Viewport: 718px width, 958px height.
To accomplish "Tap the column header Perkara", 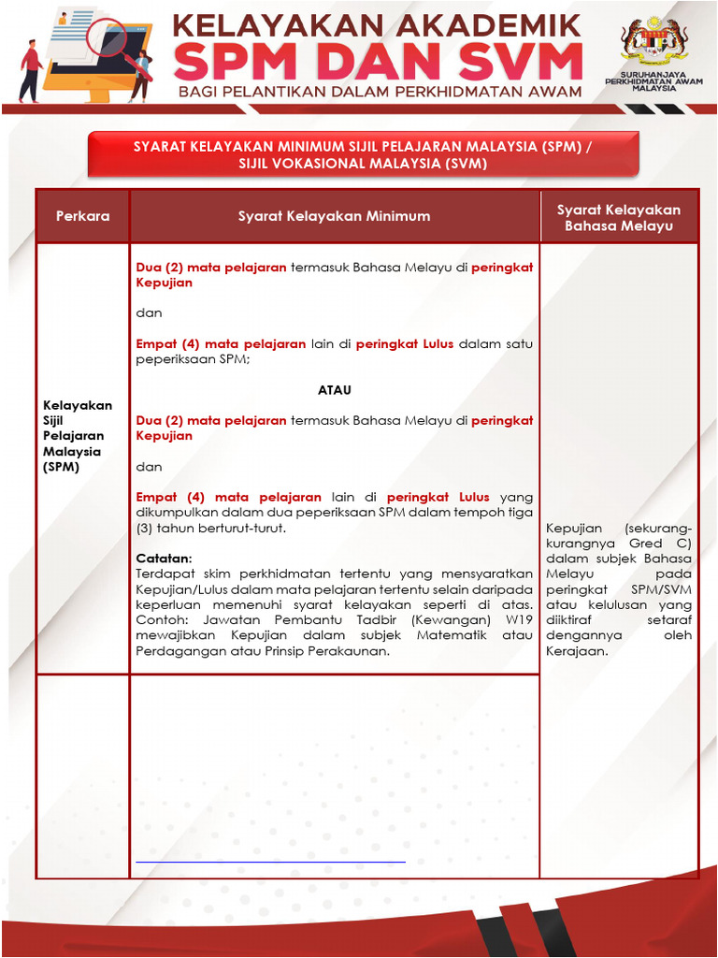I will click(x=82, y=216).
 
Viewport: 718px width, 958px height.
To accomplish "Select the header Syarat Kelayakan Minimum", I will click(x=334, y=216).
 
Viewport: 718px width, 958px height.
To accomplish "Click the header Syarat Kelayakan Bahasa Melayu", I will click(x=619, y=217).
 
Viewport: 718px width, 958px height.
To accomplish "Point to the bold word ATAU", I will click(x=334, y=389).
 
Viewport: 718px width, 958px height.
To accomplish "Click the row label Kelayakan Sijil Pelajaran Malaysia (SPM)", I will click(x=78, y=435).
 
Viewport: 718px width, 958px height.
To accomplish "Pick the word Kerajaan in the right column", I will click(x=577, y=651).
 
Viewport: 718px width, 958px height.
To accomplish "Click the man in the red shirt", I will click(x=30, y=70).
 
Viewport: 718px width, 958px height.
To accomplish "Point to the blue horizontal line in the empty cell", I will click(x=270, y=861).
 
